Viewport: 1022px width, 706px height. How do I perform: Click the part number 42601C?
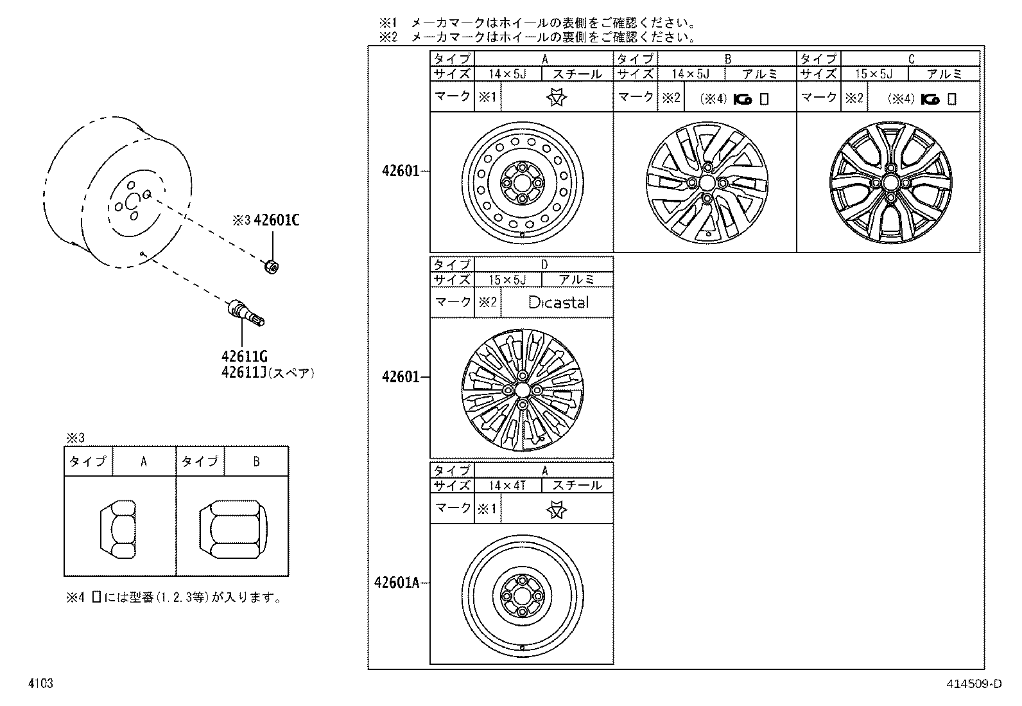(x=277, y=220)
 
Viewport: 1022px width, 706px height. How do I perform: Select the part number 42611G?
(x=244, y=357)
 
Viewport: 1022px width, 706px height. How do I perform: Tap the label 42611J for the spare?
(x=244, y=373)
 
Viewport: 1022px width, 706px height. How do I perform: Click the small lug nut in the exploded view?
(x=271, y=265)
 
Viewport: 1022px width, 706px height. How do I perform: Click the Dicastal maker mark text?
(x=557, y=302)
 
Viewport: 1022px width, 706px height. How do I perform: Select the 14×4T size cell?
(x=507, y=486)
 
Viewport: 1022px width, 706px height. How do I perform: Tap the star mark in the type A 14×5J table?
(x=557, y=98)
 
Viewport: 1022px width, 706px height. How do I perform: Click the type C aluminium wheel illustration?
(x=888, y=183)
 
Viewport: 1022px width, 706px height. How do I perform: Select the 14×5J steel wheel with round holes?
(x=522, y=183)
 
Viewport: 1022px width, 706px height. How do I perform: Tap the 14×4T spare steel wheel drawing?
(x=522, y=595)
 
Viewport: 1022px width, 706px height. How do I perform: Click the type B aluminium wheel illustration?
(x=706, y=183)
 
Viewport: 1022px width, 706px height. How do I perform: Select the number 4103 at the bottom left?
(x=40, y=684)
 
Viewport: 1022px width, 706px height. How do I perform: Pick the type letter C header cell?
(x=910, y=59)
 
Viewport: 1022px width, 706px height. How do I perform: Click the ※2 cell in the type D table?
(x=487, y=302)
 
